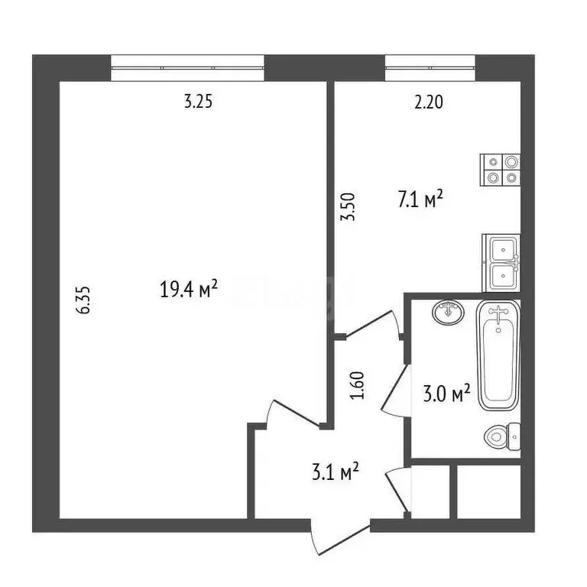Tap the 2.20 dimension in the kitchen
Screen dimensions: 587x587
point(428,102)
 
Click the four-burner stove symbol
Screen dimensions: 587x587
point(501,170)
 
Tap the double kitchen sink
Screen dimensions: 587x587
point(501,262)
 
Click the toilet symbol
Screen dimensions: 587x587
point(502,436)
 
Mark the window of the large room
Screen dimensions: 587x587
point(188,67)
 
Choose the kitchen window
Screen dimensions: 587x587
point(430,67)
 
